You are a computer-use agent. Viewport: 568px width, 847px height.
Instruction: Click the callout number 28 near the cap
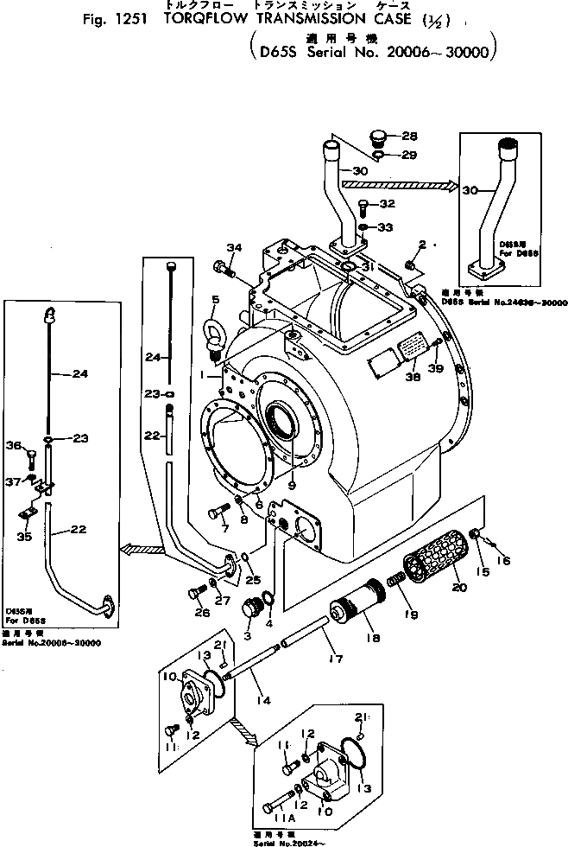[408, 137]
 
